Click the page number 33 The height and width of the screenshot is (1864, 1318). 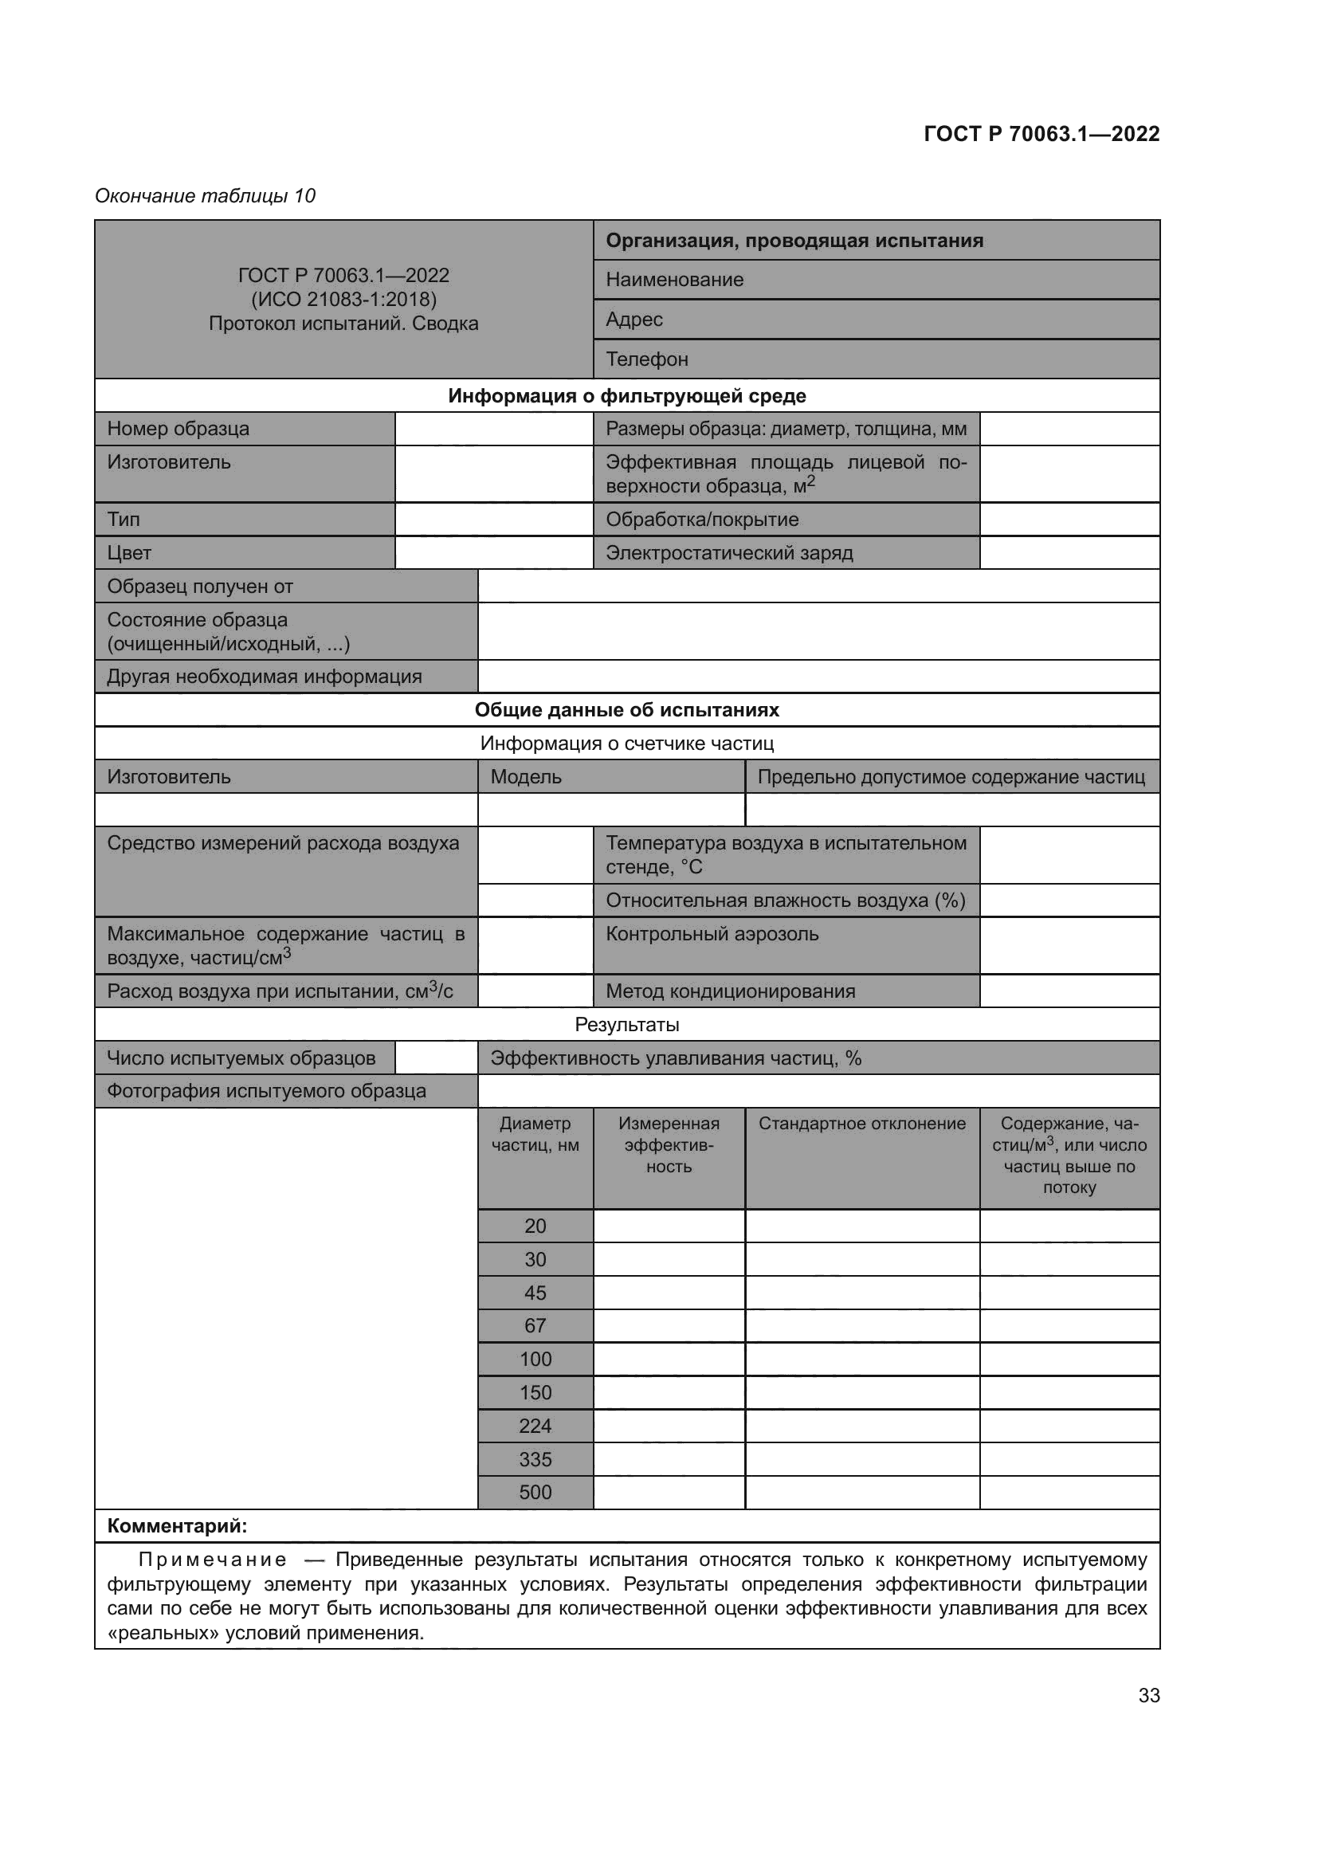[x=1148, y=1695]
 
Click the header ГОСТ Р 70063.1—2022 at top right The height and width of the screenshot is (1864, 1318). [x=1041, y=134]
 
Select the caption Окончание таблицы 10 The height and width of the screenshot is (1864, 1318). [x=206, y=196]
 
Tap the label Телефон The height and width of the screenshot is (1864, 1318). [x=647, y=359]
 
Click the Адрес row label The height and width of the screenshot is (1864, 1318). [x=634, y=319]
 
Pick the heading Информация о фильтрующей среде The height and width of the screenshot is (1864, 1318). [x=626, y=396]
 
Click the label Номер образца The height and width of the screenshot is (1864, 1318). [x=178, y=429]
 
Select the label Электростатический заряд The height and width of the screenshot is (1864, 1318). [x=729, y=553]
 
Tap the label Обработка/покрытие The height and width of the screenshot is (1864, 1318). [x=702, y=520]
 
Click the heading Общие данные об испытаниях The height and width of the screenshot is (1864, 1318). [x=626, y=709]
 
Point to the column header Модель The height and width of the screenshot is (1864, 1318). [x=526, y=777]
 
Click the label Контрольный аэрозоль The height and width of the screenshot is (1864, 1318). [x=712, y=934]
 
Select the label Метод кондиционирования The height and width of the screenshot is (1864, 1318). [x=731, y=991]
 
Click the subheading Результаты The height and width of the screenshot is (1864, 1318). [x=626, y=1025]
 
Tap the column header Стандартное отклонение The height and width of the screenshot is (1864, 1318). [x=862, y=1124]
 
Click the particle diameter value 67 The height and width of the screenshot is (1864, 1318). [x=535, y=1326]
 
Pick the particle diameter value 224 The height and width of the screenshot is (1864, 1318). [x=535, y=1426]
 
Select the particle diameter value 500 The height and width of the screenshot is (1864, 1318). [x=535, y=1492]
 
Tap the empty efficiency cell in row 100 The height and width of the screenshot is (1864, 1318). [x=669, y=1359]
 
